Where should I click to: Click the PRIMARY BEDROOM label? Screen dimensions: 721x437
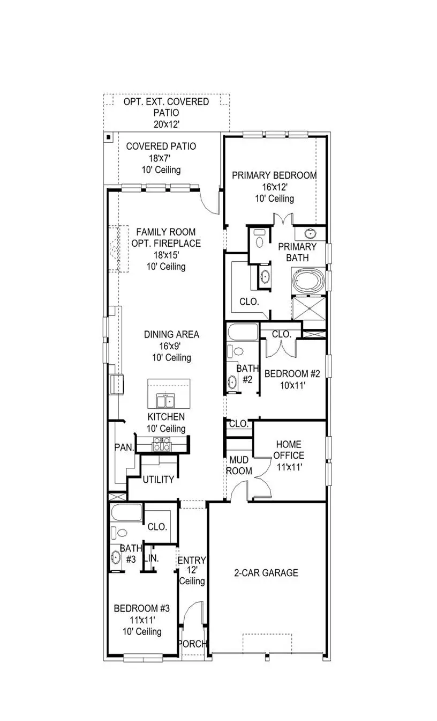point(274,175)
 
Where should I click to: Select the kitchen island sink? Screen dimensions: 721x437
point(165,401)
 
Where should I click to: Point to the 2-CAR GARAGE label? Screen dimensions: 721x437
point(266,573)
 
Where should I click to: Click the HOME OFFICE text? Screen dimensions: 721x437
point(289,450)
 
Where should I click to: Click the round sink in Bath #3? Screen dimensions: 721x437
point(116,557)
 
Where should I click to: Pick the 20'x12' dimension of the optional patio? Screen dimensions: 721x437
point(166,124)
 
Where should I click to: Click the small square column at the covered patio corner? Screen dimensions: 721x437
point(108,137)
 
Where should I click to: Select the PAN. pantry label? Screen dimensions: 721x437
point(124,447)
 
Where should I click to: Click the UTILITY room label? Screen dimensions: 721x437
point(158,479)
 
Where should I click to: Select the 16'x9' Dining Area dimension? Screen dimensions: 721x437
point(171,346)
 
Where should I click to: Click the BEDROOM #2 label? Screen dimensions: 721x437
point(292,374)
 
